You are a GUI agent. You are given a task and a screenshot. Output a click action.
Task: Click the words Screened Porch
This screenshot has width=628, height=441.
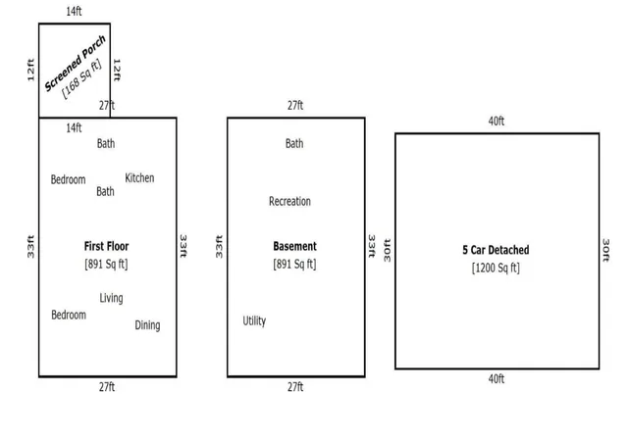76,63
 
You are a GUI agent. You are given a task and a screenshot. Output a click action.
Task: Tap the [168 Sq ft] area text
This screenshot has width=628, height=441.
81,78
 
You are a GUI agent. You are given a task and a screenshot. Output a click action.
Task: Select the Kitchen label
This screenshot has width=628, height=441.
139,177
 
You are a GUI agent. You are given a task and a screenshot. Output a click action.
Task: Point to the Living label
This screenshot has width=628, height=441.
111,298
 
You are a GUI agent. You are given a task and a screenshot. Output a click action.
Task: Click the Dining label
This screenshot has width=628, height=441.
147,325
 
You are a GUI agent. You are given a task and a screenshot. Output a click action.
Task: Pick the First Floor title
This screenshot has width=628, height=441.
107,246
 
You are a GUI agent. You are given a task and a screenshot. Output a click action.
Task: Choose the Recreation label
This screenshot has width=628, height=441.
290,201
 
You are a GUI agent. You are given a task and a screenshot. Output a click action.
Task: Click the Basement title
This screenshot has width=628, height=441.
294,246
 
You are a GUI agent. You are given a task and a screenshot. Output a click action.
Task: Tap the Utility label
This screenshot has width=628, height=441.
254,320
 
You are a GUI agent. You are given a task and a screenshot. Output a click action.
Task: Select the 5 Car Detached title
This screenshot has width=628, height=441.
496,250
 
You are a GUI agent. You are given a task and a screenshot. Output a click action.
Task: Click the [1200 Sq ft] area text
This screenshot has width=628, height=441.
496,268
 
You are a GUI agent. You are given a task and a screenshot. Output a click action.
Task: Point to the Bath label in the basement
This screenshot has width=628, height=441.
294,143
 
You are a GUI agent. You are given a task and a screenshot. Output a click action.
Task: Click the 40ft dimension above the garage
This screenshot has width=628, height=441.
497,121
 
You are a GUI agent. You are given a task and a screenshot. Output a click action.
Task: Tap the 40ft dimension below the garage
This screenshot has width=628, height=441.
497,378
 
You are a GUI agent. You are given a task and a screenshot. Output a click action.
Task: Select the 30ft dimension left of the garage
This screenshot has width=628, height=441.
388,251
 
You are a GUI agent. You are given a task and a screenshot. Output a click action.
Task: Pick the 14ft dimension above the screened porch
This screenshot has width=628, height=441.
75,11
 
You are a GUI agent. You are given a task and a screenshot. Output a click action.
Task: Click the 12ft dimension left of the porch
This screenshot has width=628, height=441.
30,70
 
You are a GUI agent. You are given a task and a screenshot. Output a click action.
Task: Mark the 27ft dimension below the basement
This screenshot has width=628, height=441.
295,387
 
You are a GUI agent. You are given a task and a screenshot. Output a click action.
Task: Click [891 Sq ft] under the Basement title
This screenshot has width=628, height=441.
294,265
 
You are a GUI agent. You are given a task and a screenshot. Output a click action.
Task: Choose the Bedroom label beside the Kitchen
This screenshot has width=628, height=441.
68,179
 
